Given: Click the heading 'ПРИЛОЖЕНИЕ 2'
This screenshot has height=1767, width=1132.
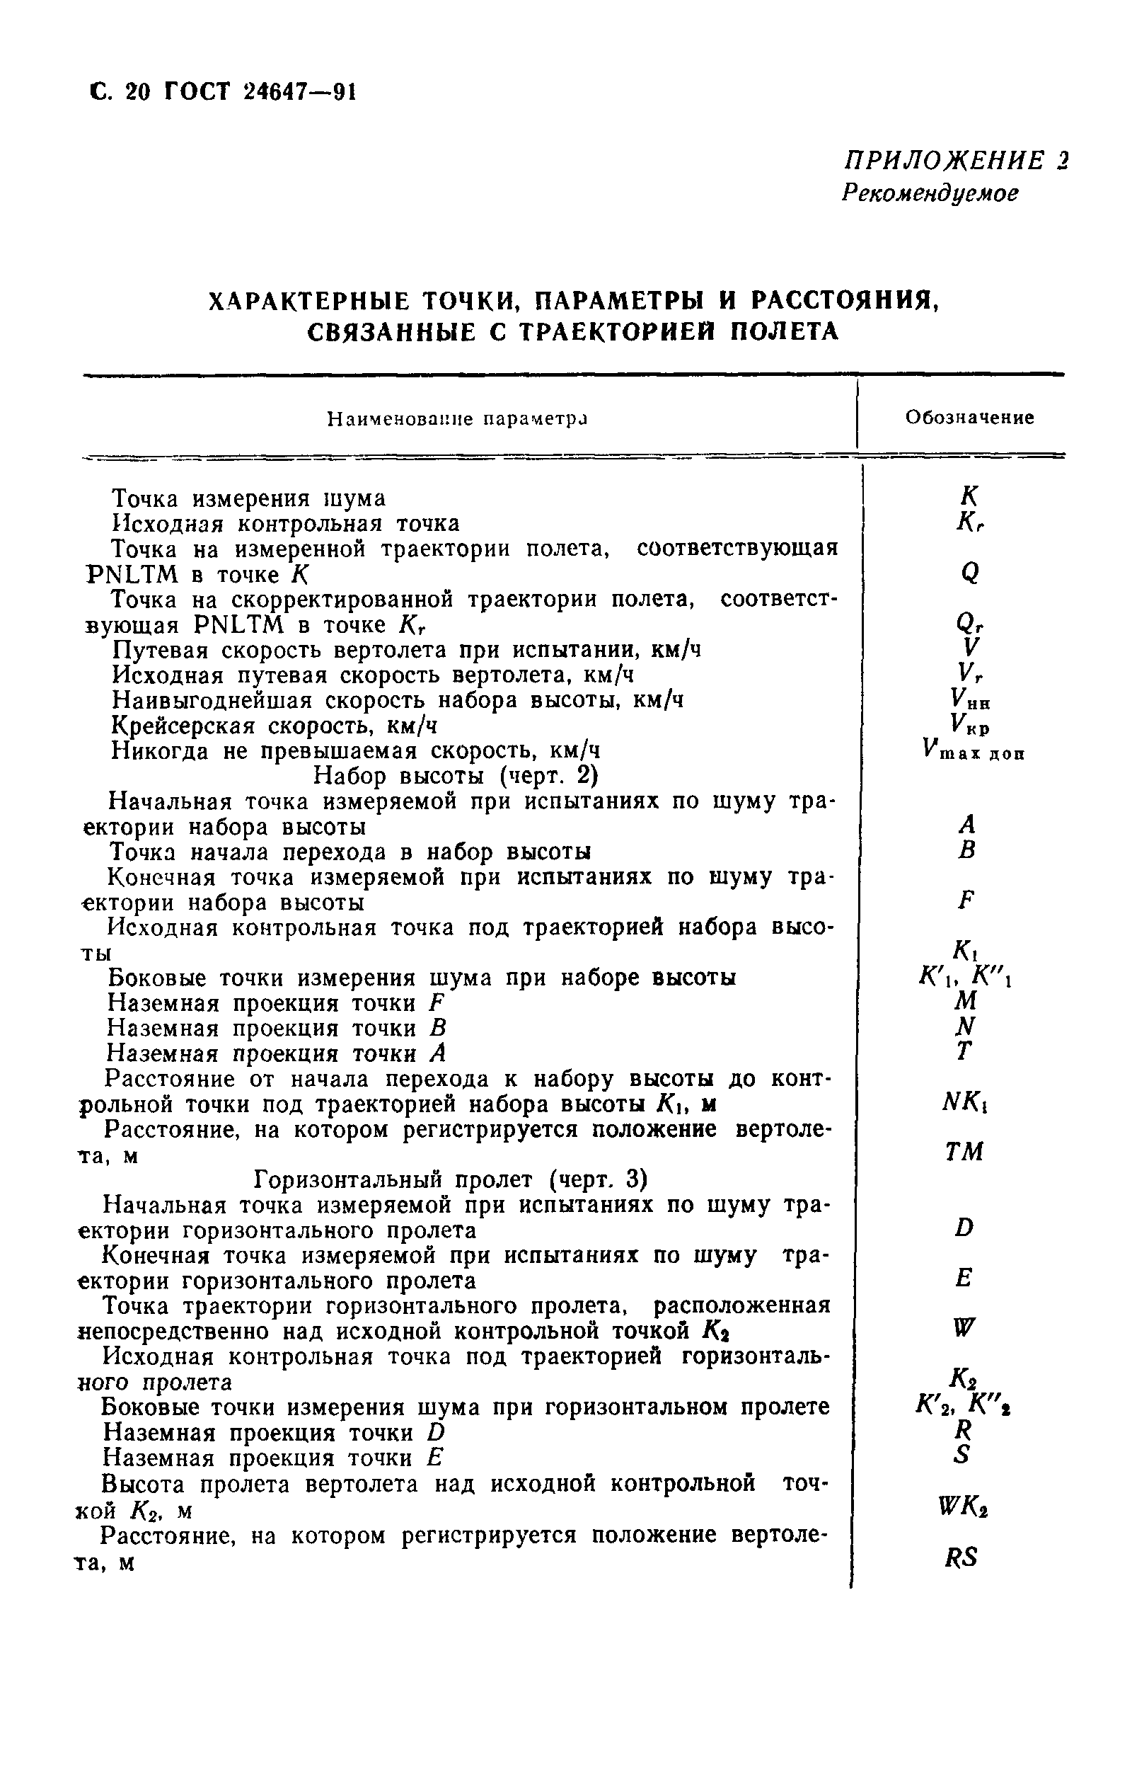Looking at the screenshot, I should coord(956,161).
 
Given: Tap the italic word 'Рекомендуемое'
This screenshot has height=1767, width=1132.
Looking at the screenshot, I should coord(930,193).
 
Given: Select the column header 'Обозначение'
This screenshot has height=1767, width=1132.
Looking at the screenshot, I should coord(969,418).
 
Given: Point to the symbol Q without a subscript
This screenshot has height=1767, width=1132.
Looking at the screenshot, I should coord(969,572).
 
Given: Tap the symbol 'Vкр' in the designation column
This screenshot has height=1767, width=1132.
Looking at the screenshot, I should coord(969,726).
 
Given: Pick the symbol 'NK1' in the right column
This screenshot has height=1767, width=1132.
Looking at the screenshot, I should coord(964,1102).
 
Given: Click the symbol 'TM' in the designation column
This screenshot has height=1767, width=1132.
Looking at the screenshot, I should coord(964,1153).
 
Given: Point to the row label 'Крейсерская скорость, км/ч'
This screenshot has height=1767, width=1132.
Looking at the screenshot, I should coord(275,726).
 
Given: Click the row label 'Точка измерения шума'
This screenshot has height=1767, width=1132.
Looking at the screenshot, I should coord(248,498).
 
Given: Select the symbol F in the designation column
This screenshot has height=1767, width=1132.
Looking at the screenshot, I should coord(966,899).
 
